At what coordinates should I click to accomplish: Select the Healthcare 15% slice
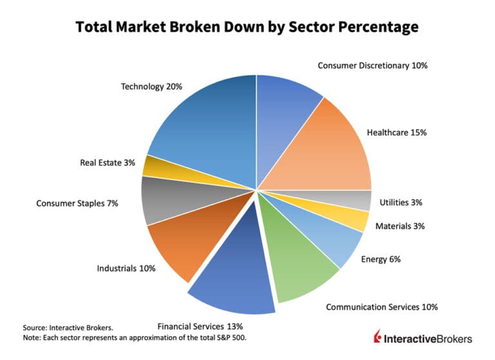[322, 152]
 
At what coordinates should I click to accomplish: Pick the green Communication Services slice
[296, 258]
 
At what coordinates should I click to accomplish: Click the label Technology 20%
[151, 86]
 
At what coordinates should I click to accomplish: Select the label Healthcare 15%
[396, 132]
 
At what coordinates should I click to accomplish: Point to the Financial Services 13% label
[200, 326]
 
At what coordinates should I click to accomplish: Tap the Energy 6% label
[381, 259]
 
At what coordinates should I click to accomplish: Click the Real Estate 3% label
[108, 163]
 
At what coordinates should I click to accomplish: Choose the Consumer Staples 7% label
[78, 203]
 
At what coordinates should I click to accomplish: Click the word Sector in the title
[317, 27]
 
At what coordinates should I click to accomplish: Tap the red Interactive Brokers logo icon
[379, 338]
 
